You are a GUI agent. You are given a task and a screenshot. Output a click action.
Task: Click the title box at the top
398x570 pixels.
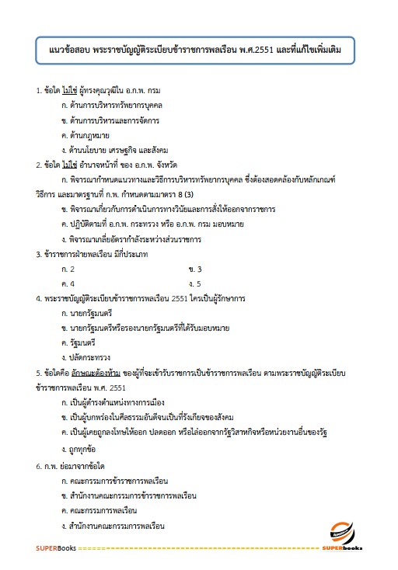[x=198, y=50]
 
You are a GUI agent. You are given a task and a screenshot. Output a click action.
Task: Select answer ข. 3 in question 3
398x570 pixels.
[x=194, y=268]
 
